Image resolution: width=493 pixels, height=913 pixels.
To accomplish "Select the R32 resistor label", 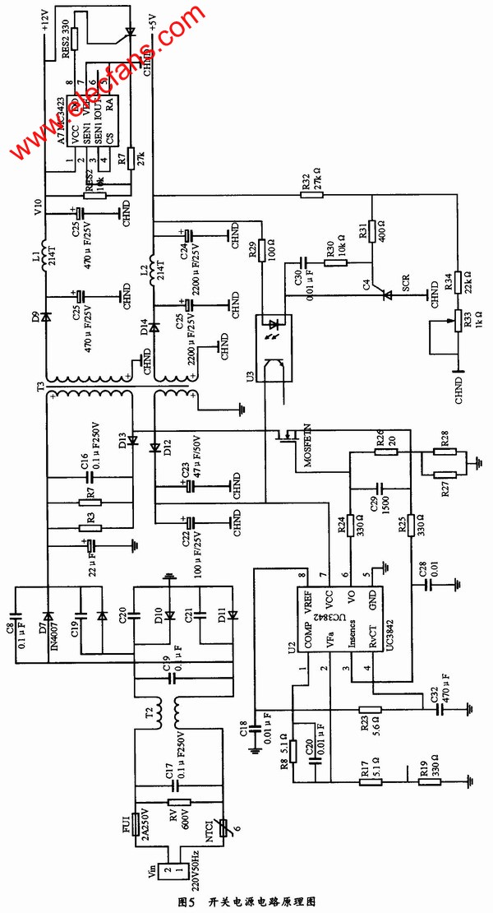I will [306, 184].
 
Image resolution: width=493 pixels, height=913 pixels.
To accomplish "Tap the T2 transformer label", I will [148, 712].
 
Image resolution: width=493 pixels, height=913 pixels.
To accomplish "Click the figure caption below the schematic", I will [246, 901].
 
